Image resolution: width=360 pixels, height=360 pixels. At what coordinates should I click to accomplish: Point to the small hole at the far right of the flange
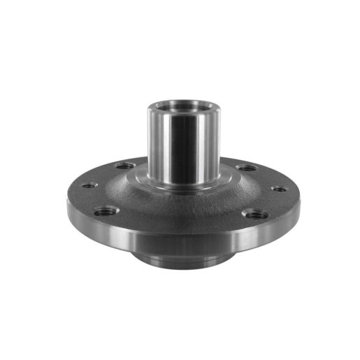point(278,189)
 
